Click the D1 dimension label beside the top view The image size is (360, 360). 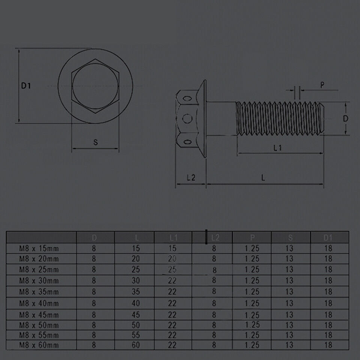pos(25,86)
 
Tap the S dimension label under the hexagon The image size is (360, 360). pos(95,142)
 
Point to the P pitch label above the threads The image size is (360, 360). pos(322,85)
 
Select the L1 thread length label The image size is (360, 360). pos(277,148)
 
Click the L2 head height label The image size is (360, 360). pos(191,178)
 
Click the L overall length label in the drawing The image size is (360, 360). pos(264,178)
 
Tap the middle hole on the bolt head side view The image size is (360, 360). pos(186,119)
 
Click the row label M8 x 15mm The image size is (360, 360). pos(39,248)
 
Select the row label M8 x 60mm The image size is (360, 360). pos(39,345)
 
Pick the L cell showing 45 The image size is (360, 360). pos(135,315)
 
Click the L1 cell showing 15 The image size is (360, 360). pos(172,248)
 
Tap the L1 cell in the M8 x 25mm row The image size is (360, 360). pos(172,269)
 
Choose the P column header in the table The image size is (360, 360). pos(252,237)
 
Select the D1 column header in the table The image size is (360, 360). pos(328,237)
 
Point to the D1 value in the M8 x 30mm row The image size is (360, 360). pos(328,280)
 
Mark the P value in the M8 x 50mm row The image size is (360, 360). pos(252,325)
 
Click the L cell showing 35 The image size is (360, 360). pos(135,291)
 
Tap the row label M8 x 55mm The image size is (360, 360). pos(39,335)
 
